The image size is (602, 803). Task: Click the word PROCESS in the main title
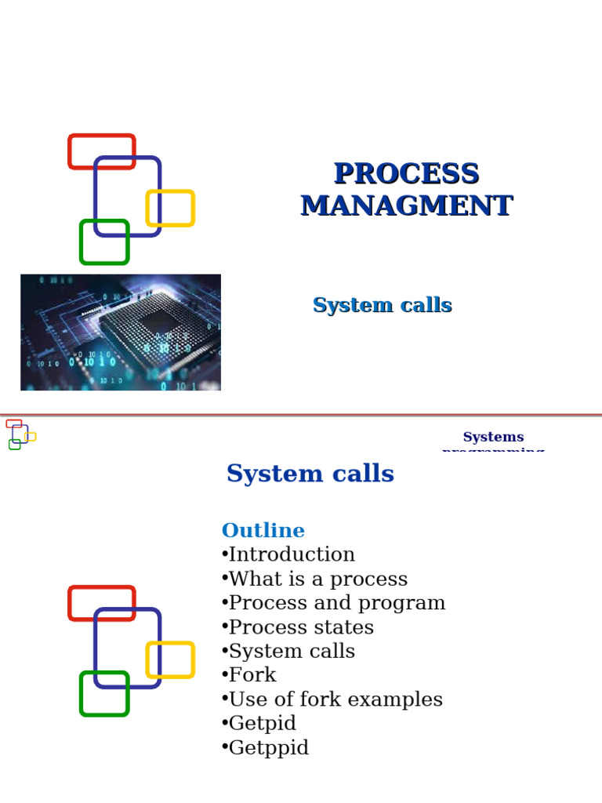406,173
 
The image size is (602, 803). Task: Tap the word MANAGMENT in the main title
406,205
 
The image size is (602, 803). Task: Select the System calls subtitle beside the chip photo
382,305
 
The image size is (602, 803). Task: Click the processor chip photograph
121,332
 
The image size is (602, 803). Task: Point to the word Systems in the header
493,437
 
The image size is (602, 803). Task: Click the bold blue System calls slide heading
310,474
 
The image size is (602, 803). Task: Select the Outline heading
263,530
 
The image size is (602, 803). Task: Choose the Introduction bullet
288,554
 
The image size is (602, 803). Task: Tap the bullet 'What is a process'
314,579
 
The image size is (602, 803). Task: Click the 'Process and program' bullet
333,603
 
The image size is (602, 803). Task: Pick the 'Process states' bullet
298,627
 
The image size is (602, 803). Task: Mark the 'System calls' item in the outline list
288,651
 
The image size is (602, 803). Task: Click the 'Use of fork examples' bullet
332,699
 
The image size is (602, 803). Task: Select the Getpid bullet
259,723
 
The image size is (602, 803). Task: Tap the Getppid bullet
265,747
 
